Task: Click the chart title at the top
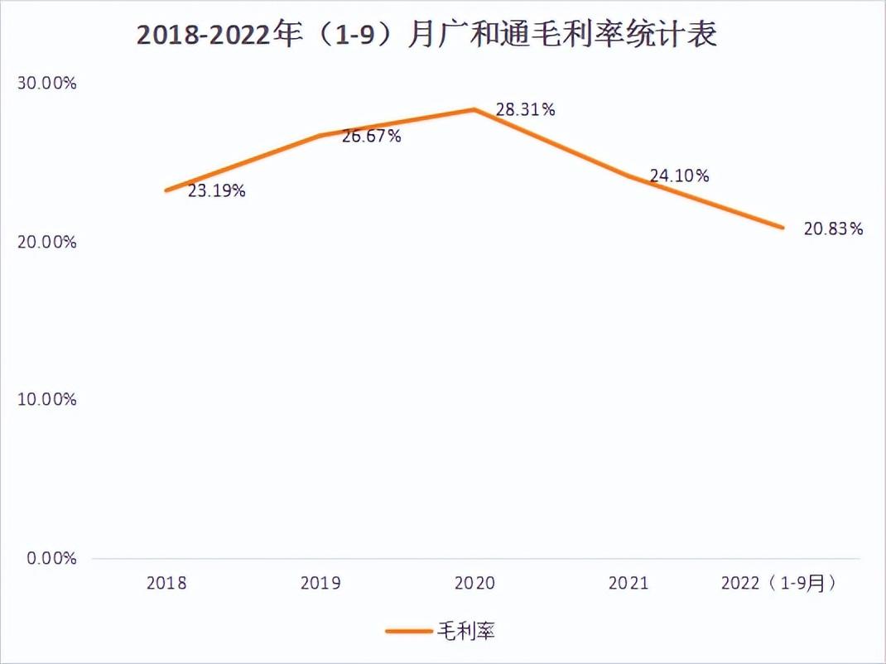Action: pos(426,36)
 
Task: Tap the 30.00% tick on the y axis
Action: pos(47,84)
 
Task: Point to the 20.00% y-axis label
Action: pos(47,242)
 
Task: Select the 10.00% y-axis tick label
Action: pos(47,400)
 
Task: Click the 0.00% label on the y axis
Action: pos(51,559)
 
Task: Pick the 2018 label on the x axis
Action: pos(166,583)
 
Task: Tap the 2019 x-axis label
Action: pos(320,583)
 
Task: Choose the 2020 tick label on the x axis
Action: pos(474,583)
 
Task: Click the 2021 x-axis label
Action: pos(628,583)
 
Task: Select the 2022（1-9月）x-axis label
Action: pos(778,583)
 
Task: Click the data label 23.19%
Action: pos(216,191)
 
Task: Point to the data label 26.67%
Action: pos(371,137)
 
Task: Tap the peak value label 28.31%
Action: pos(525,109)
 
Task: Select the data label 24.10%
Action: pos(679,176)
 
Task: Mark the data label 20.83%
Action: pos(833,229)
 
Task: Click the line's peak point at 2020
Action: pos(474,109)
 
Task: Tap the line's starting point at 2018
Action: pos(166,190)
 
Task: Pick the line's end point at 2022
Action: pos(782,227)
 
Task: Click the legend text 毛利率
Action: pos(465,631)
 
